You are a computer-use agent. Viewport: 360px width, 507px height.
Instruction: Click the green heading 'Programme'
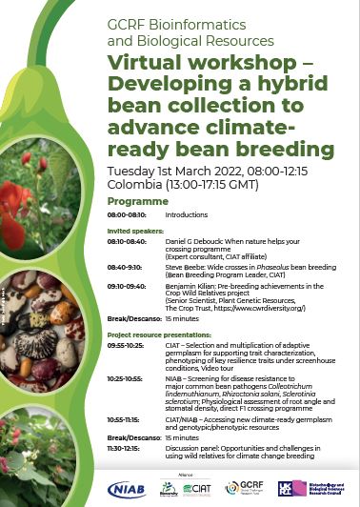click(138, 202)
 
